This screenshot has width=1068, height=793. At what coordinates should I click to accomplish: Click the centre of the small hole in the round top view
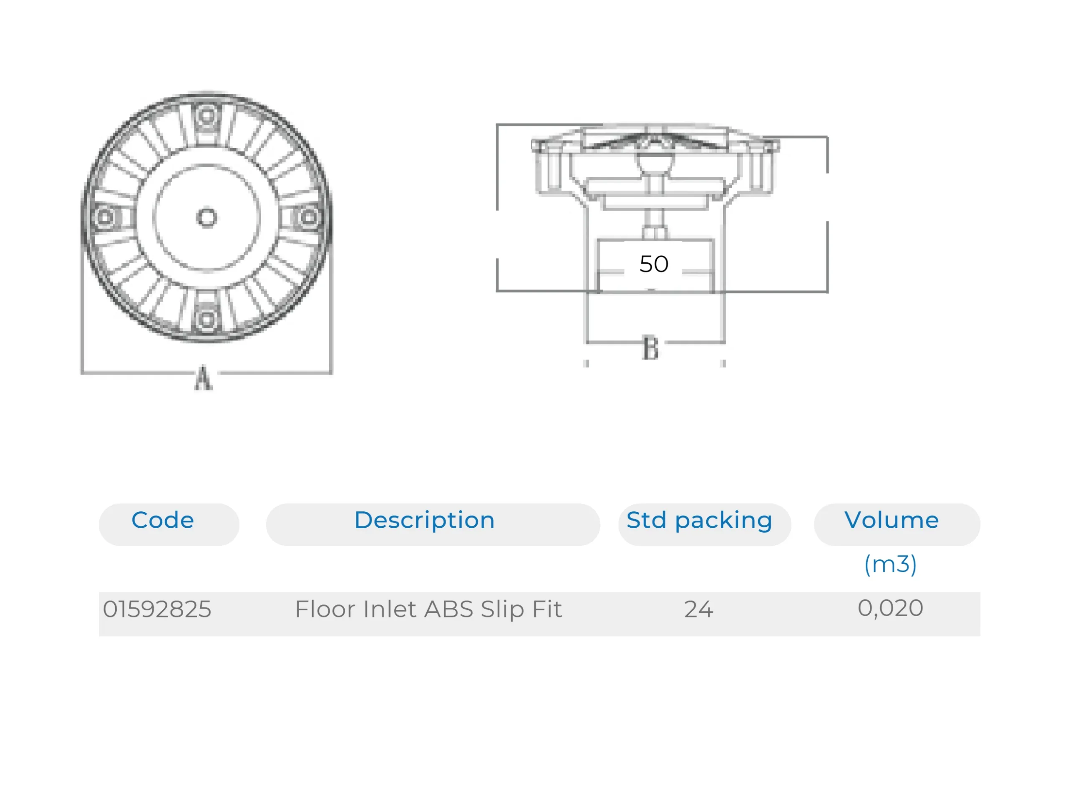click(207, 217)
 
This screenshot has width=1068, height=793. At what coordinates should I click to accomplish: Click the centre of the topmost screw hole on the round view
click(207, 115)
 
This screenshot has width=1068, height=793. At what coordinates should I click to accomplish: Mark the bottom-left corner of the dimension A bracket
click(83, 372)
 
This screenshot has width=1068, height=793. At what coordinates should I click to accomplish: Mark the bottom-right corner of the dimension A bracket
click(331, 372)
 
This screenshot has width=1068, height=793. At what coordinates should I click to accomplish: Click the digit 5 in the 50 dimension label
click(647, 264)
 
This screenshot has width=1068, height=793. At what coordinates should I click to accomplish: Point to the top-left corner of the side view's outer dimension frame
click(497, 125)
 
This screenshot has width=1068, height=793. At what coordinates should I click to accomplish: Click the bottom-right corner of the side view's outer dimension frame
click(828, 291)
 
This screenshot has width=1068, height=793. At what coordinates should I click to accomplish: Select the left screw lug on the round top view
click(106, 217)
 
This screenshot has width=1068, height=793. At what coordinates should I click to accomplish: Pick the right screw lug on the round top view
click(308, 217)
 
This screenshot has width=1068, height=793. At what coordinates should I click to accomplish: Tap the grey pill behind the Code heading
click(169, 524)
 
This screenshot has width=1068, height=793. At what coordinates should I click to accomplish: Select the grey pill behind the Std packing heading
click(705, 524)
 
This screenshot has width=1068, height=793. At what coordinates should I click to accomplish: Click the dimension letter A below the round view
click(203, 378)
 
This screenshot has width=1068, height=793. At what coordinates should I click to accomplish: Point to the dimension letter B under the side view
click(650, 348)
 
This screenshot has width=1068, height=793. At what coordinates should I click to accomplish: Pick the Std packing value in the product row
click(699, 609)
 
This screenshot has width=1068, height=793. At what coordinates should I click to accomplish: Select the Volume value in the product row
click(890, 608)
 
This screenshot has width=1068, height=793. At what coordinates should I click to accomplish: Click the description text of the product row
click(428, 609)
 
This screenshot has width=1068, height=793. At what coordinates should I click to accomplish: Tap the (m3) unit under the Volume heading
click(890, 564)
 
